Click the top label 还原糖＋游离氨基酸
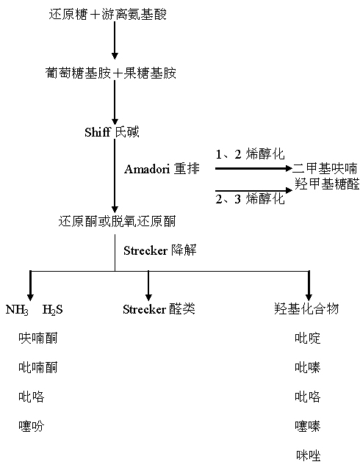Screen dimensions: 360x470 [108, 14]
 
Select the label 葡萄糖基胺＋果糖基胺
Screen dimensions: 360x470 [111, 73]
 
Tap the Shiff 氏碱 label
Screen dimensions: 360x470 [112, 132]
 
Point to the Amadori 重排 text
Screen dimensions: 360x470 [162, 169]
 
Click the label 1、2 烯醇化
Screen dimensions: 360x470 [251, 154]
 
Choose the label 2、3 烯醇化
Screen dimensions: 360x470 [251, 198]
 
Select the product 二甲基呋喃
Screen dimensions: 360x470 [325, 168]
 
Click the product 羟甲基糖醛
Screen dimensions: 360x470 [327, 184]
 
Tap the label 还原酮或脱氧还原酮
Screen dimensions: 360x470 [117, 222]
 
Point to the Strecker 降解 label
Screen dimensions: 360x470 [160, 250]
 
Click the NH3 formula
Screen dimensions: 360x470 [17, 310]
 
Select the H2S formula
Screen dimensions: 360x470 [53, 310]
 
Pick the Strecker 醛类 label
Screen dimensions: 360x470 [159, 309]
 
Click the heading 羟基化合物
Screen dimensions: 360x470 [306, 308]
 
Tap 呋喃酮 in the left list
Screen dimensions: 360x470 [37, 338]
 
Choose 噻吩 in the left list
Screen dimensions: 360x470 [31, 426]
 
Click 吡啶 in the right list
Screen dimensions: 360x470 [308, 338]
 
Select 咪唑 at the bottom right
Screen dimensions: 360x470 [309, 455]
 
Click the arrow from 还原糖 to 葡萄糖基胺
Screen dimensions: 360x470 [115, 40]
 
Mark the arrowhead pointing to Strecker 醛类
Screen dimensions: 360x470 [148, 297]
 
